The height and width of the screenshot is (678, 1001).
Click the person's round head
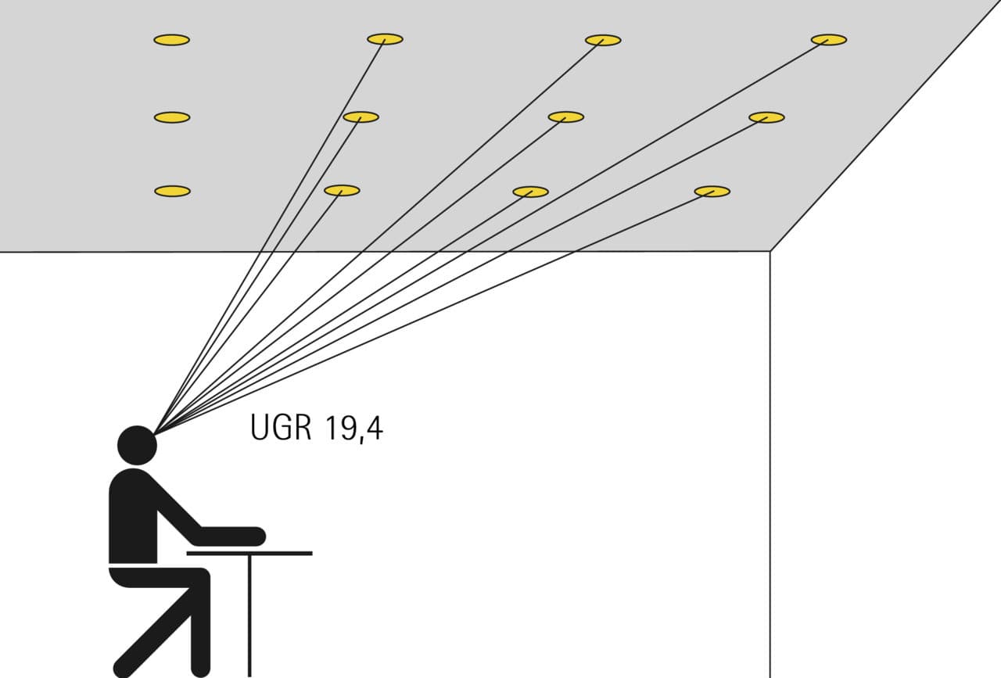pos(137,445)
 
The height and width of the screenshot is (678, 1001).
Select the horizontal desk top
pos(249,554)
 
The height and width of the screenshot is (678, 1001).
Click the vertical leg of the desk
pos(249,616)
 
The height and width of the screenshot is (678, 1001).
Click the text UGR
pos(281,428)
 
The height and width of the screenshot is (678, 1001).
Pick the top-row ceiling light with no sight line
pos(171,40)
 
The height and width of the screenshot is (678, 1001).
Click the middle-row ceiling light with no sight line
pos(172,117)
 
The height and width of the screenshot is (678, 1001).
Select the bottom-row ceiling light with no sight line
pos(173,191)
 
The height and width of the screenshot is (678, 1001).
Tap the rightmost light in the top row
pos(829,40)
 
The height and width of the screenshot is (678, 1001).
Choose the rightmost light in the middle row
pos(767,117)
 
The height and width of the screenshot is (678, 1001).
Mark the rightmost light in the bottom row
pos(712,192)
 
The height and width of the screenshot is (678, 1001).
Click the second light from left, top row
pos(386,39)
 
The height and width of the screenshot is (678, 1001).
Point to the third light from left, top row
pos(603,40)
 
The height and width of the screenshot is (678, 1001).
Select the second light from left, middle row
pos(361,117)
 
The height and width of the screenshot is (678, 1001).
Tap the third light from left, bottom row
pos(530,192)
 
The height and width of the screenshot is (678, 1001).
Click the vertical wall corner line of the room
pos(770,465)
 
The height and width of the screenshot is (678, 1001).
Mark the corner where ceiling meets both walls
pos(770,251)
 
